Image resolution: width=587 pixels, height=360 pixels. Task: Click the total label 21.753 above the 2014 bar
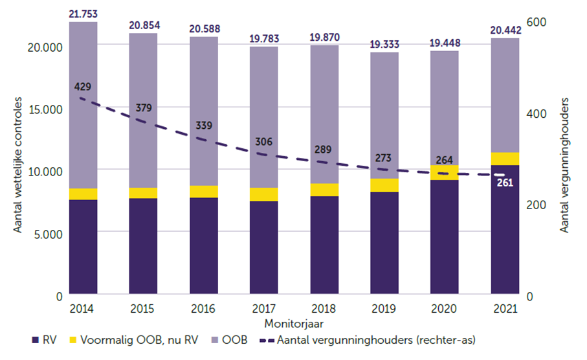click(83, 14)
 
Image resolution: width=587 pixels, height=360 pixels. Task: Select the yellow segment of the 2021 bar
click(505, 159)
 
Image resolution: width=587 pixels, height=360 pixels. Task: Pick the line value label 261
click(505, 182)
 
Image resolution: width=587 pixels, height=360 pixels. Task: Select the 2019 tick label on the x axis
click(384, 309)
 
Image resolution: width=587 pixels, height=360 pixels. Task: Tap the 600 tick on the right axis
click(538, 22)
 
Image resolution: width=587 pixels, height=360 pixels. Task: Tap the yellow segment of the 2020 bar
click(445, 172)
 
